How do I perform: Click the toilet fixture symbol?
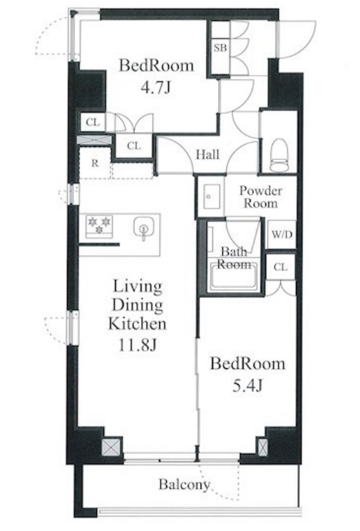[x=279, y=154]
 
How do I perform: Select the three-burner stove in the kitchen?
[x=99, y=226]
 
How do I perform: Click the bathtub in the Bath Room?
[x=234, y=277]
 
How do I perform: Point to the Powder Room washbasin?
[x=212, y=197]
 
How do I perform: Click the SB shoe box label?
[x=220, y=48]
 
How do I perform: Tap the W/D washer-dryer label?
[x=282, y=234]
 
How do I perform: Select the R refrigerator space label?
[x=95, y=163]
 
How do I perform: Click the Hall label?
[x=208, y=154]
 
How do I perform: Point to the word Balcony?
[x=185, y=485]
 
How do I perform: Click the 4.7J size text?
[x=156, y=88]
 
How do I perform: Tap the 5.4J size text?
[x=248, y=385]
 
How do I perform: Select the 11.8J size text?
[x=137, y=345]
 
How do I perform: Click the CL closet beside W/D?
[x=281, y=267]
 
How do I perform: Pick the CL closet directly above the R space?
[x=93, y=122]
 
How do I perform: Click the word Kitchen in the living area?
[x=137, y=323]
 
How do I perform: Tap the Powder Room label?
[x=261, y=197]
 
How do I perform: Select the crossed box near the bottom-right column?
[x=263, y=447]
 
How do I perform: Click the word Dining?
[x=137, y=305]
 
